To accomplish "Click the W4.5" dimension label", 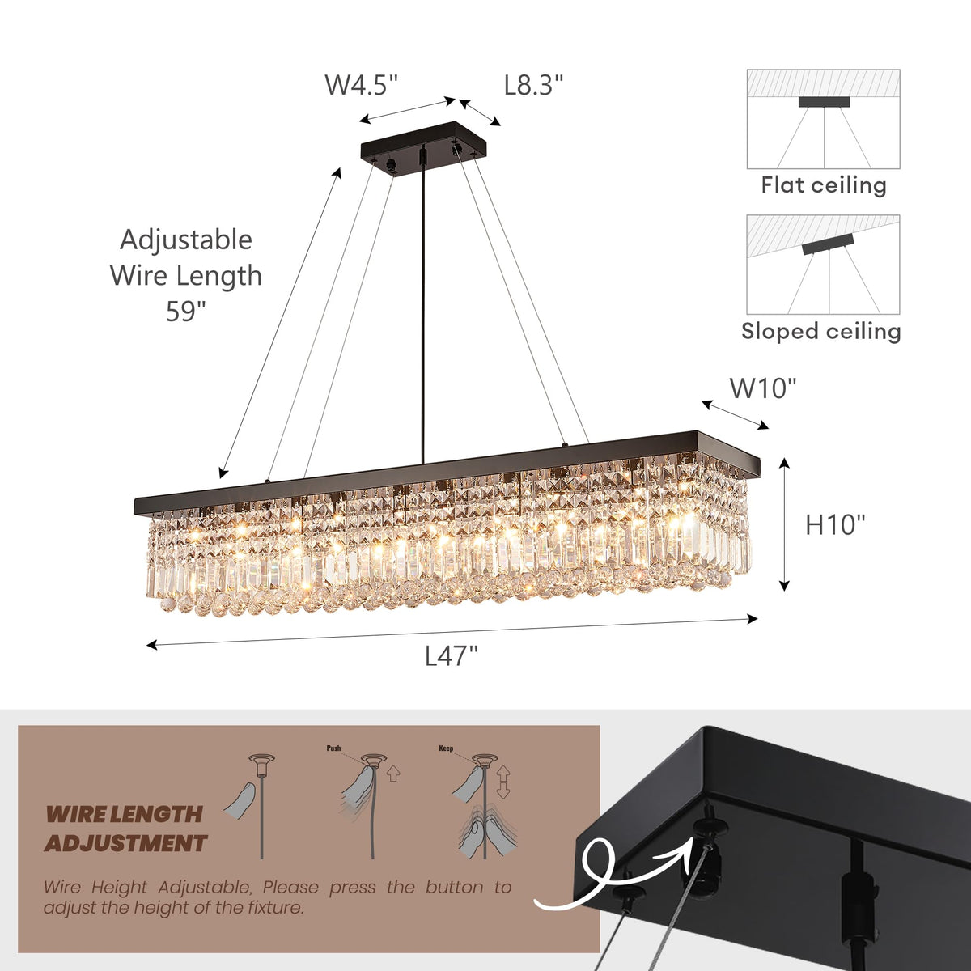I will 361,85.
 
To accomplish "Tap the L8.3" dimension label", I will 533,85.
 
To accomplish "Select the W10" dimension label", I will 763,388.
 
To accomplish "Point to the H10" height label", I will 835,525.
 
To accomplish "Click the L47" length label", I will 452,655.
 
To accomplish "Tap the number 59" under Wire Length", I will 186,312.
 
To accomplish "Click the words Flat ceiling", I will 823,185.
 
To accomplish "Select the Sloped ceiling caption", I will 820,331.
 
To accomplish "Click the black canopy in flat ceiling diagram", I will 824,102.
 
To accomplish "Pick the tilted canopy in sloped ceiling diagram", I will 828,245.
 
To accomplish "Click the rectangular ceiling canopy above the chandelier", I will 425,142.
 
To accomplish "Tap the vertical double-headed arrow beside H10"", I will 783,524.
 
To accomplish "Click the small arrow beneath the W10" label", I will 735,414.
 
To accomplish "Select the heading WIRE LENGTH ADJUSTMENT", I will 125,829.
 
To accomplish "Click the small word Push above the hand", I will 333,748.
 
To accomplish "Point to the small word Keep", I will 446,748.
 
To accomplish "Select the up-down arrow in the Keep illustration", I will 503,782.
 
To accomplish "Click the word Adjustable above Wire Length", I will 186,240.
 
